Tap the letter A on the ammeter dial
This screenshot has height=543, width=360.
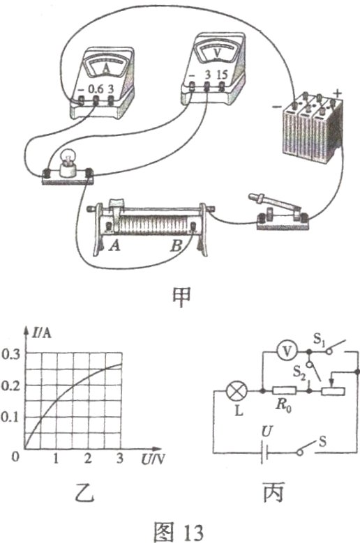pyautogui.click(x=106, y=69)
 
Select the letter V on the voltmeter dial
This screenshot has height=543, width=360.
pyautogui.click(x=217, y=54)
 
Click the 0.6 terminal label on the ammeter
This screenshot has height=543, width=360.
pyautogui.click(x=96, y=89)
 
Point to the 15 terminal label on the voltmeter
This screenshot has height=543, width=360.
pyautogui.click(x=222, y=75)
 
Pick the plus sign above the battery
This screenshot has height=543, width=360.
pyautogui.click(x=337, y=93)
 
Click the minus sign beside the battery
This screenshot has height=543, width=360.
pyautogui.click(x=277, y=107)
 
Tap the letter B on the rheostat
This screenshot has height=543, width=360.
pyautogui.click(x=176, y=246)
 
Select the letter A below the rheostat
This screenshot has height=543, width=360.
pyautogui.click(x=114, y=246)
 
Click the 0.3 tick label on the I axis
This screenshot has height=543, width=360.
pyautogui.click(x=10, y=355)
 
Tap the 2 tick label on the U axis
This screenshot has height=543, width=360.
pyautogui.click(x=88, y=459)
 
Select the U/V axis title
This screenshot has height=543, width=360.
pyautogui.click(x=152, y=459)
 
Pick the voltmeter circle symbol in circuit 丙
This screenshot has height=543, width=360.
pyautogui.click(x=287, y=351)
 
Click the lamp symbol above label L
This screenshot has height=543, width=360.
pyautogui.click(x=237, y=391)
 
